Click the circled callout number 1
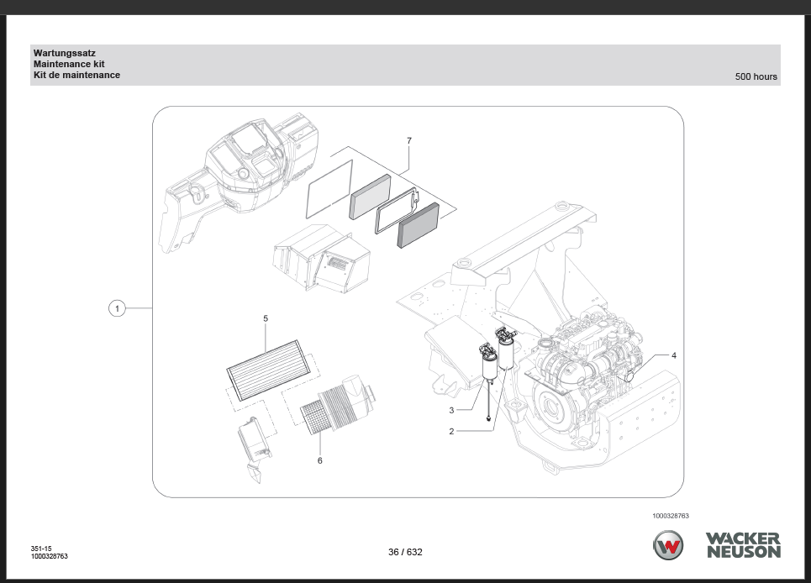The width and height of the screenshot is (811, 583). [x=118, y=309]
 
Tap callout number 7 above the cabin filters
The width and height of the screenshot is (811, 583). [x=409, y=141]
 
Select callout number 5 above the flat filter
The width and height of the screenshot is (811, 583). [x=266, y=319]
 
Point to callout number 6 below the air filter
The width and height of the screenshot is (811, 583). [x=319, y=460]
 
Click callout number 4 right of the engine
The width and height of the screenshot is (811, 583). [x=673, y=355]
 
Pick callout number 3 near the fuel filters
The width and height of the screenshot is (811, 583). [x=451, y=410]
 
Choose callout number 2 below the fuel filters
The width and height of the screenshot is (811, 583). [x=451, y=431]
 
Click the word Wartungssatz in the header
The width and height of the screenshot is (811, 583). [x=65, y=53]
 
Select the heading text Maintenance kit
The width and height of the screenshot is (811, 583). [x=69, y=64]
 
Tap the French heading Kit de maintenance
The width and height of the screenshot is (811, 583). [x=76, y=75]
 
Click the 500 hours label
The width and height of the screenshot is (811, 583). [x=756, y=76]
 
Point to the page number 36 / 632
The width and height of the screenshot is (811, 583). [x=405, y=552]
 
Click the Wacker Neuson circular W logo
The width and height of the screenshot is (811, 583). [x=669, y=545]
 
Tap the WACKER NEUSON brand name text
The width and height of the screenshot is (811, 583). [x=743, y=545]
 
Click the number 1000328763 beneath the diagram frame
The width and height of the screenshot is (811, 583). [x=670, y=516]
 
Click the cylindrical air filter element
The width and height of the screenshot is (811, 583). [x=333, y=411]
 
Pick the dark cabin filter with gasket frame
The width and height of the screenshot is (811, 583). [x=418, y=225]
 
